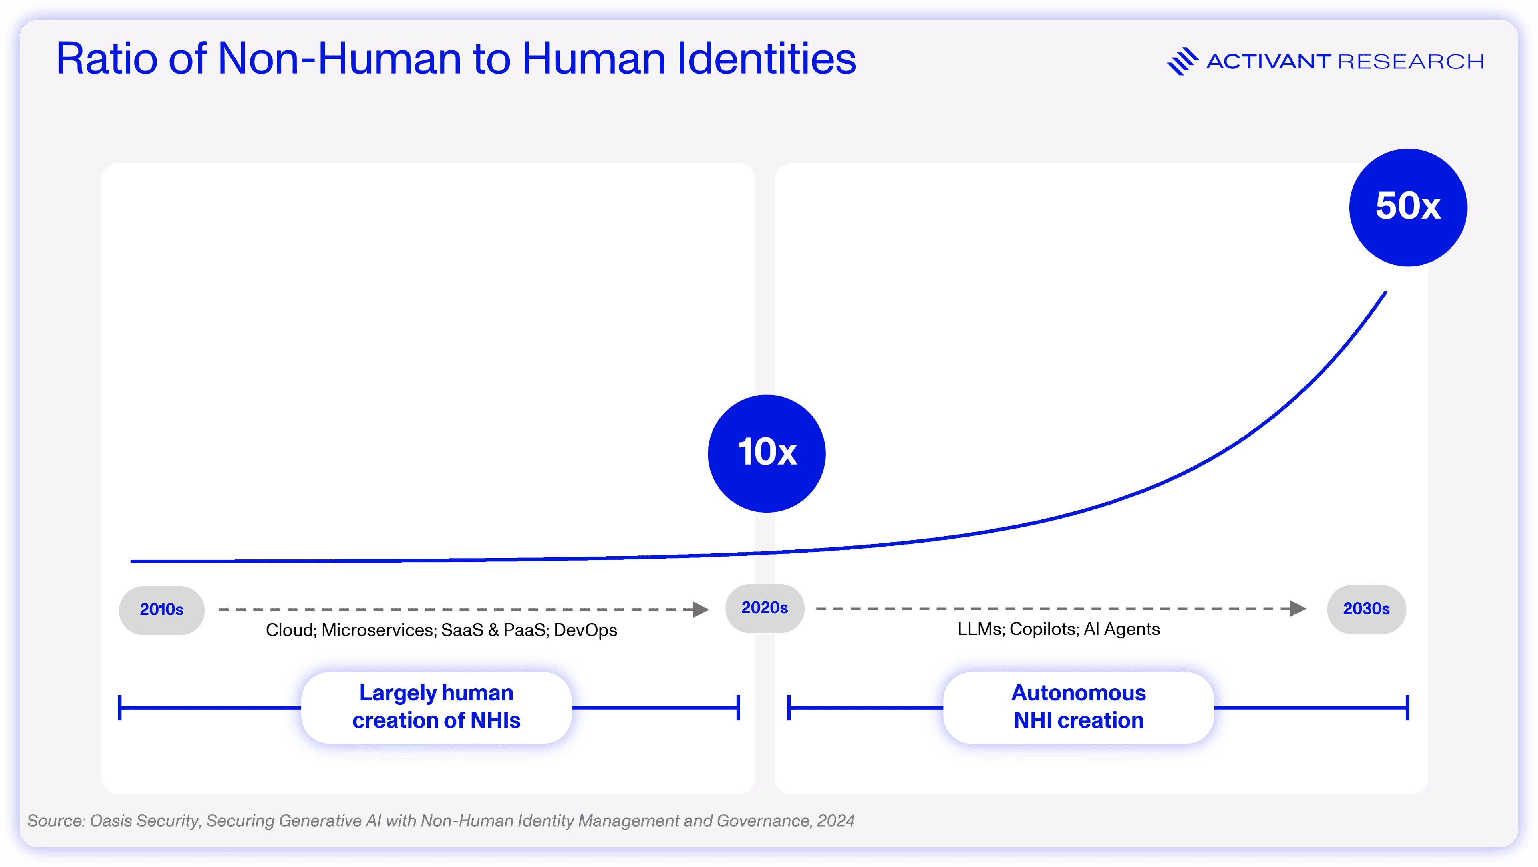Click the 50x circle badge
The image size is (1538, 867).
(1408, 207)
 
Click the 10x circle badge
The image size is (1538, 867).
(767, 453)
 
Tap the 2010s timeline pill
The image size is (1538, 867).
(162, 610)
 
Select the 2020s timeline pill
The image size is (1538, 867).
(765, 608)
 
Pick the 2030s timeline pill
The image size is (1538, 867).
(1366, 609)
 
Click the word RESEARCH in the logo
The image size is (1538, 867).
(1411, 62)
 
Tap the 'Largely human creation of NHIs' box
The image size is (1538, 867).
(437, 707)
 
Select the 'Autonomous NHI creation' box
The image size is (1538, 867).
(1078, 707)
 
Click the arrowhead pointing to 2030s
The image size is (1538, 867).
(1298, 608)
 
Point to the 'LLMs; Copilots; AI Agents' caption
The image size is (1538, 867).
(1059, 629)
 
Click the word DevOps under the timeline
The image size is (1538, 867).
(585, 630)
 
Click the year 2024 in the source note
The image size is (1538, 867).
(836, 821)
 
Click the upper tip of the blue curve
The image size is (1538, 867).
(1385, 293)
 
